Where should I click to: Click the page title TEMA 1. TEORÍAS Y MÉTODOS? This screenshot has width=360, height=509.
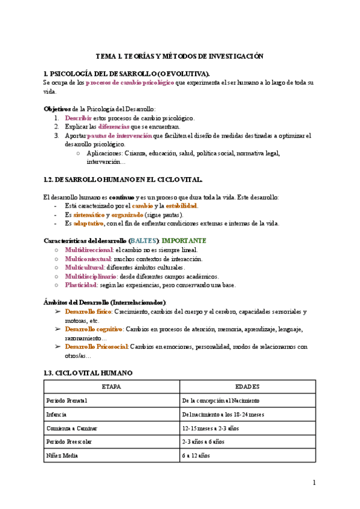click(x=180, y=56)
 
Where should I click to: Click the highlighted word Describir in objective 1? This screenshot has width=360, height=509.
click(x=78, y=118)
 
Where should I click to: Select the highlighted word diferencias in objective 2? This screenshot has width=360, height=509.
click(x=114, y=127)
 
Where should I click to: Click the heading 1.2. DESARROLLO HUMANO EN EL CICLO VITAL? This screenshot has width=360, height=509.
click(x=123, y=179)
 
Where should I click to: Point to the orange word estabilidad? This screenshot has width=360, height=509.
click(x=181, y=206)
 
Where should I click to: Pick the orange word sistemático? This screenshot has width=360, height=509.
click(x=84, y=215)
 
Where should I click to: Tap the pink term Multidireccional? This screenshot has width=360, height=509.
click(x=88, y=250)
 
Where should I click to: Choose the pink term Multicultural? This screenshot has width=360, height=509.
click(x=85, y=267)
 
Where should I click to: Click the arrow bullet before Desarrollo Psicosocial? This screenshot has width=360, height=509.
click(x=58, y=346)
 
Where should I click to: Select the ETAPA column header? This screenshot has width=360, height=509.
click(x=112, y=386)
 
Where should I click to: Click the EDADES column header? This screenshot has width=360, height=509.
click(x=247, y=386)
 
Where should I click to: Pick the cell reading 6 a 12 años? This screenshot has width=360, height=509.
click(x=198, y=455)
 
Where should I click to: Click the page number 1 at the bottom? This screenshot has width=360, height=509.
click(x=314, y=483)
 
